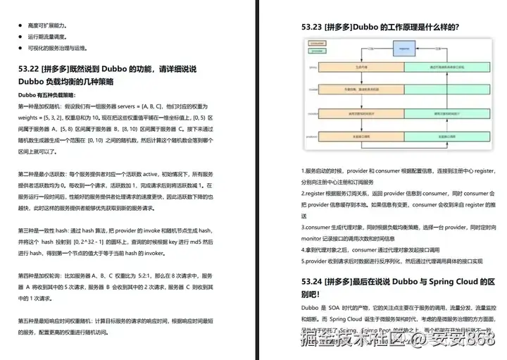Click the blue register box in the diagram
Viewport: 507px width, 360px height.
404,49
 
